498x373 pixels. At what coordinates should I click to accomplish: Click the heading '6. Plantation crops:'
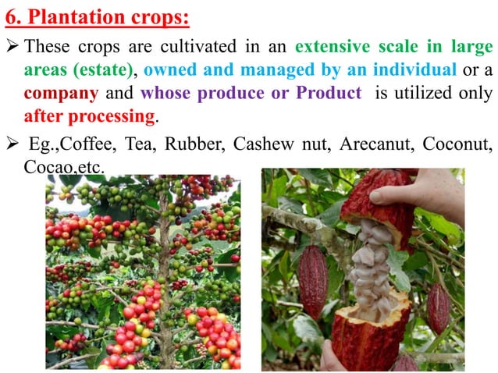click(98, 15)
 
